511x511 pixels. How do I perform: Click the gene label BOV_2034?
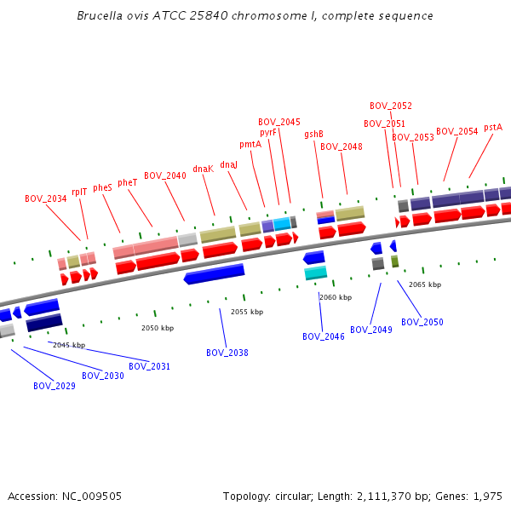coord(46,198)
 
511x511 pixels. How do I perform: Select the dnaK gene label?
coord(204,169)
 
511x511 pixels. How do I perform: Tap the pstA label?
coord(493,127)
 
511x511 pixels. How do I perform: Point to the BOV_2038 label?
coord(227,353)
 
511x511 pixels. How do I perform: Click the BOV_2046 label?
coord(324,336)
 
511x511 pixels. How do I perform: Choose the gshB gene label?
coord(313,134)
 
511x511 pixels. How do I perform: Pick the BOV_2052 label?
coord(391,106)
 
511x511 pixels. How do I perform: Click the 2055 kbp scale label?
coord(247,312)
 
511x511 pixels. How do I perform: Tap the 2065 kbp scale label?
coord(425,284)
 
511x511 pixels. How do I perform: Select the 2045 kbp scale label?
coord(69,345)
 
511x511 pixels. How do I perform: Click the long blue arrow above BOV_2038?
coord(215,274)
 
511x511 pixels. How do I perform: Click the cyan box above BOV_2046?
coord(316,273)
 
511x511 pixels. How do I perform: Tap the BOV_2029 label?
coord(55,386)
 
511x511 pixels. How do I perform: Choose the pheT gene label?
coord(128,182)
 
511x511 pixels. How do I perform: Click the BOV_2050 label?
coord(422,322)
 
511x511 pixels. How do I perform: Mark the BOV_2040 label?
coord(165,175)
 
